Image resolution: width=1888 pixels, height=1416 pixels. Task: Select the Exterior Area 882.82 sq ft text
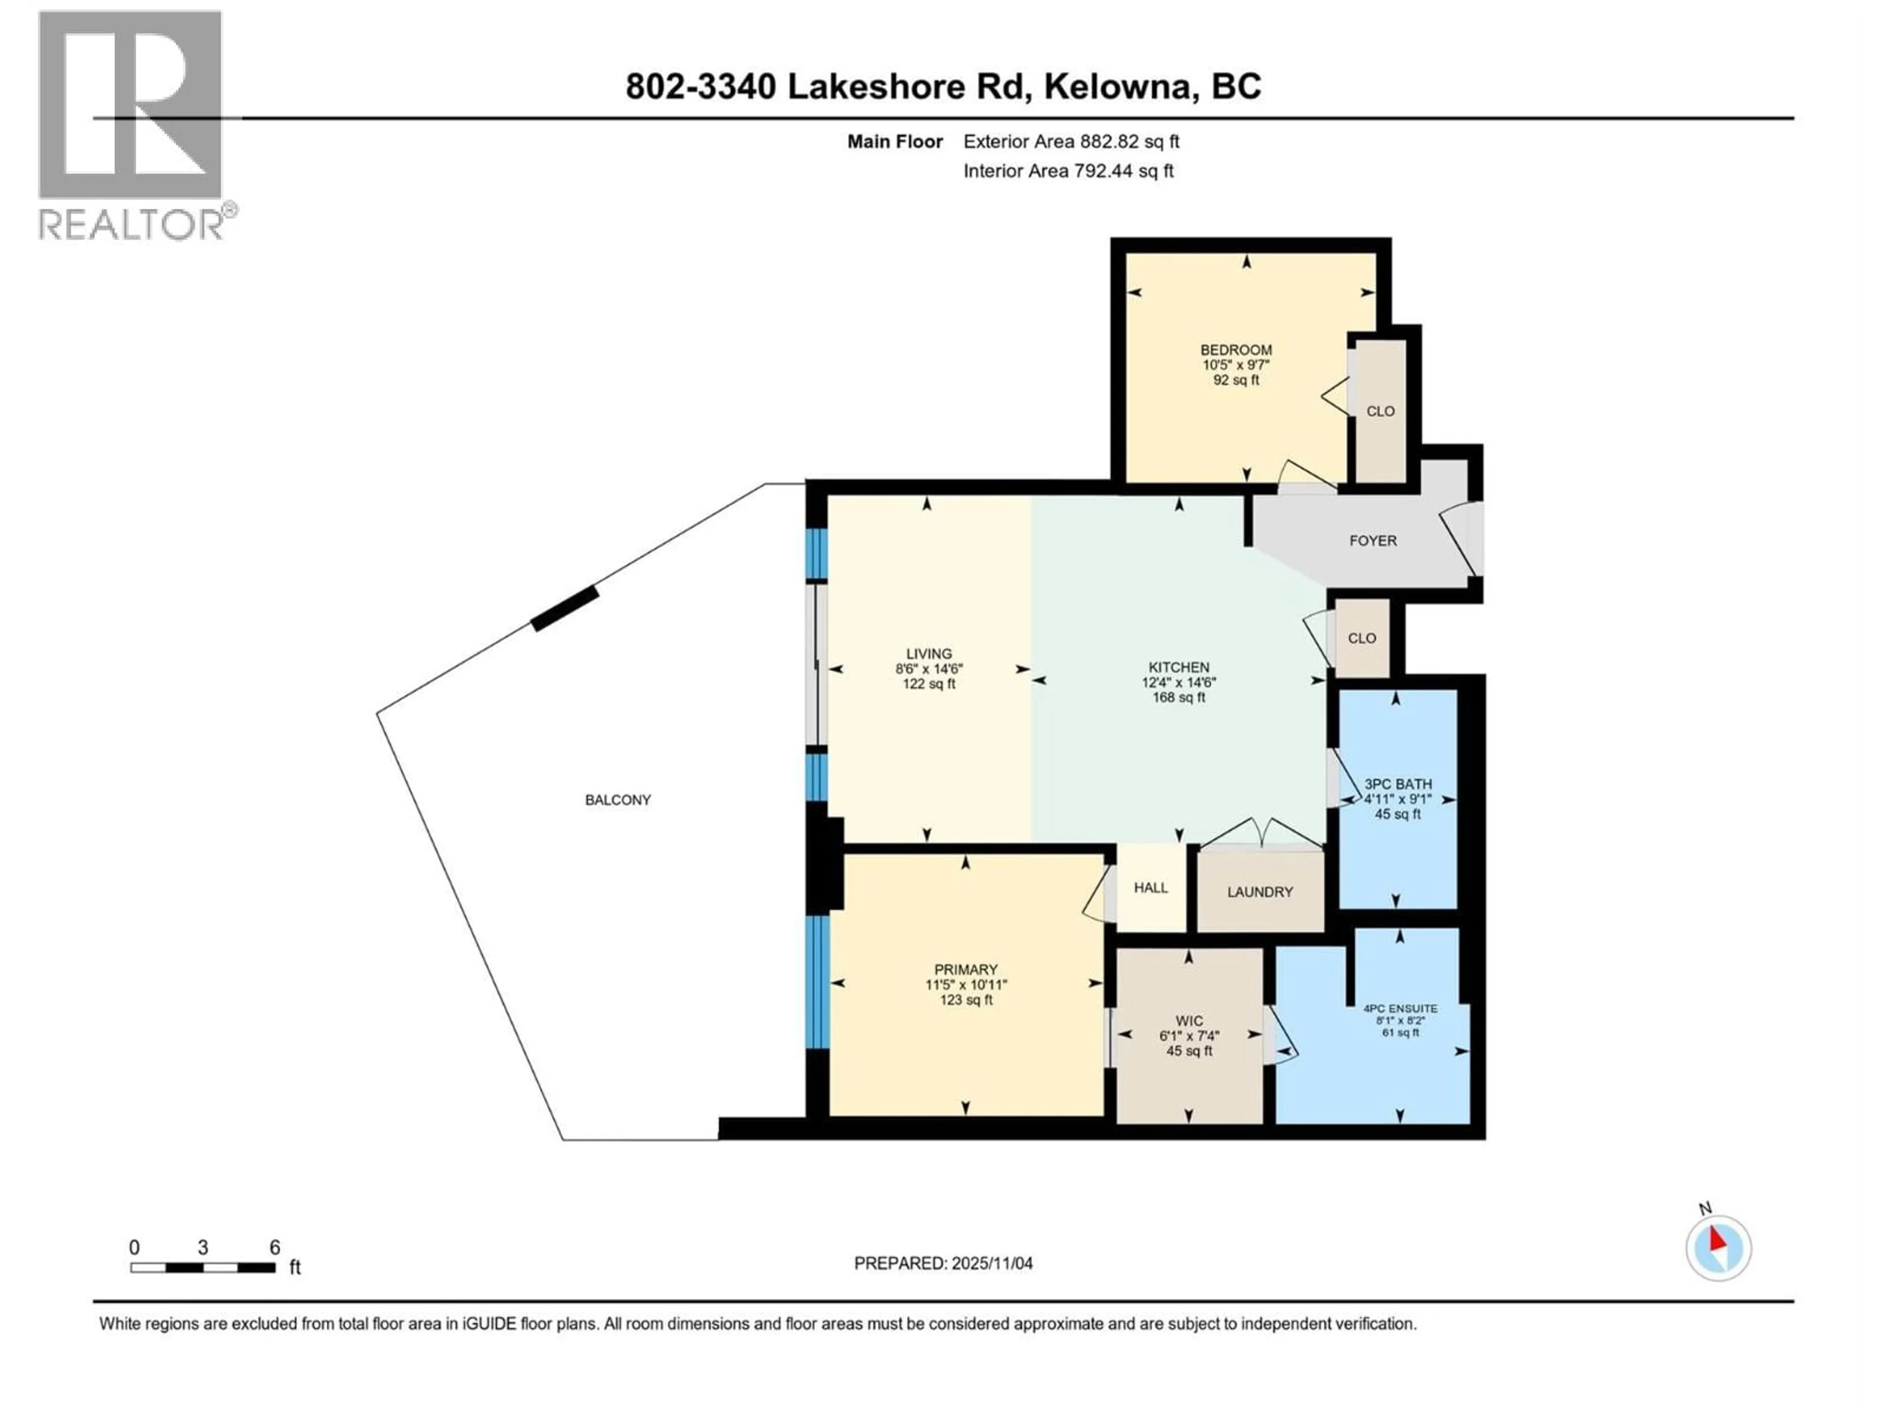coord(1071,142)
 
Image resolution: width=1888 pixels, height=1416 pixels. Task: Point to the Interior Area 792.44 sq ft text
coord(1068,171)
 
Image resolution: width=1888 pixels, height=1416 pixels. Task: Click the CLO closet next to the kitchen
coord(1361,639)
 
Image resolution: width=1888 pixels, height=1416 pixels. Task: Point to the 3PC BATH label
coord(1398,784)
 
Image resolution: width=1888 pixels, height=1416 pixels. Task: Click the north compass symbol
coord(1718,1248)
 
